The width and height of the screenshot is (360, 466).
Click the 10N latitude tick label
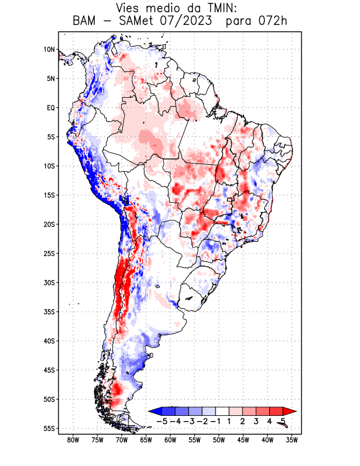coord(48,50)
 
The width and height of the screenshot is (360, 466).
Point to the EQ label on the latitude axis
coord(50,108)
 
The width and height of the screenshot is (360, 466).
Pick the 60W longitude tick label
coord(171,440)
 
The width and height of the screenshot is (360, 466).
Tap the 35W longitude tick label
coord(292,440)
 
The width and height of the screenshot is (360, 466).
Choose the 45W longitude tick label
coord(243,440)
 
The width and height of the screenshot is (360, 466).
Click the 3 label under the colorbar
coord(256,421)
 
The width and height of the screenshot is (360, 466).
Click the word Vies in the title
coord(129,8)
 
